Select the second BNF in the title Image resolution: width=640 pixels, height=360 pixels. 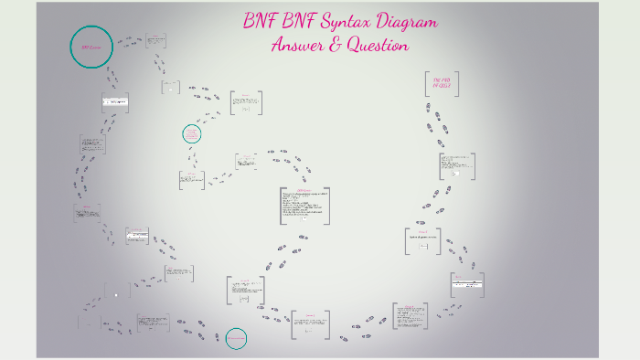click(x=302, y=21)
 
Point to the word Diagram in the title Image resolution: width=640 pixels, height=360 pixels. click(x=407, y=22)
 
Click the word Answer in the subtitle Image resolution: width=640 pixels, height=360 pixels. click(x=297, y=45)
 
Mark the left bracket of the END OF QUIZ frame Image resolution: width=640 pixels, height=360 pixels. click(x=426, y=84)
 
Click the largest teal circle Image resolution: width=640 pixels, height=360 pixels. click(x=91, y=46)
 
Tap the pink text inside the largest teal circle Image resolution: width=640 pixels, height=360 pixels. click(x=91, y=46)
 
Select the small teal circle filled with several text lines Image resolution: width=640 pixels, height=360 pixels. click(x=192, y=134)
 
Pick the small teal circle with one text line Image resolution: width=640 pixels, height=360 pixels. click(x=236, y=339)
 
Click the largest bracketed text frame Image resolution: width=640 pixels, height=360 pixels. click(x=304, y=206)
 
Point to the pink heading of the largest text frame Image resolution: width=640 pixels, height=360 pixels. click(x=304, y=190)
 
